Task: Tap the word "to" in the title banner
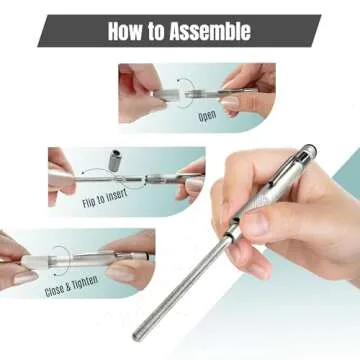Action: tap(162, 31)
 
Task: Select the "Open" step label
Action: tap(206, 113)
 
